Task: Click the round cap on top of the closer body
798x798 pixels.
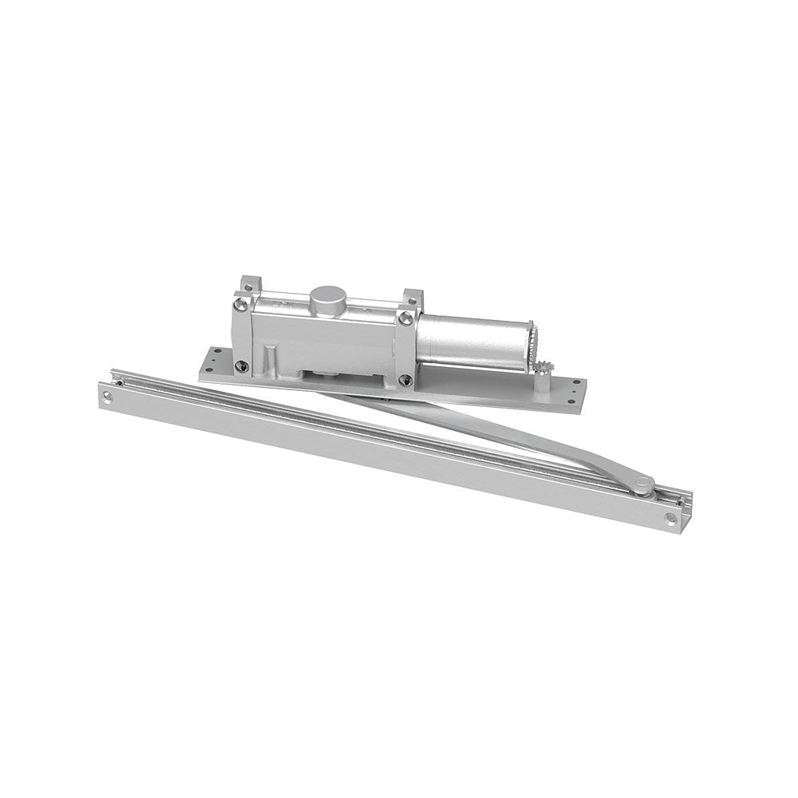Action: (x=326, y=299)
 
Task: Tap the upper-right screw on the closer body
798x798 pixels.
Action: (x=408, y=318)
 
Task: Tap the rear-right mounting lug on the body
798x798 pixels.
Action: (x=413, y=298)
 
